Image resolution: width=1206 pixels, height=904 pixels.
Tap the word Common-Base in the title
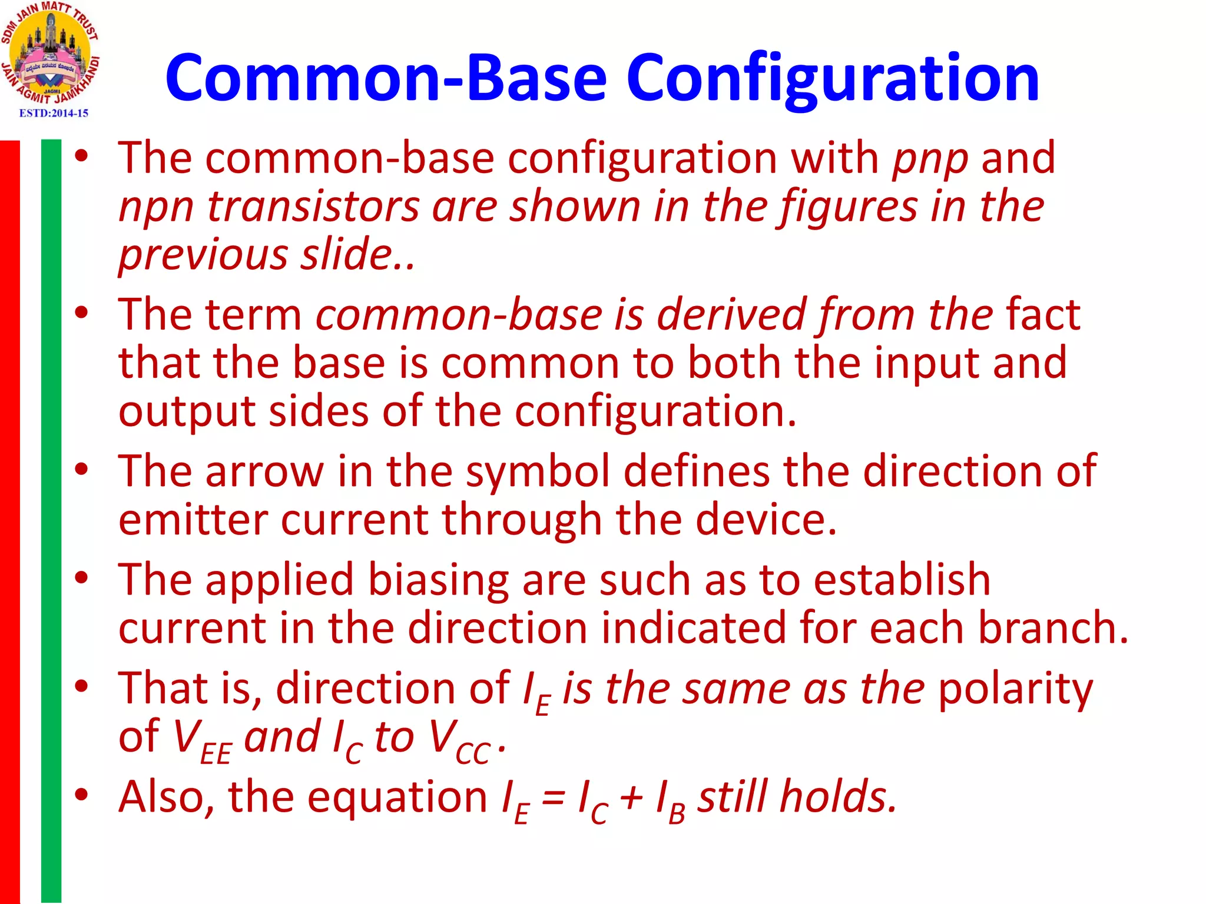pos(386,78)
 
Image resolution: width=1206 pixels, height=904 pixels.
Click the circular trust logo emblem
pos(51,53)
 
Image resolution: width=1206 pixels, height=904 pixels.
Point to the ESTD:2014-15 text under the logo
pos(54,113)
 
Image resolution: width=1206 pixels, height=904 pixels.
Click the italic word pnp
pos(930,159)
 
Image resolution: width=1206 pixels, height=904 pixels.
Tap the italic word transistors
pos(313,207)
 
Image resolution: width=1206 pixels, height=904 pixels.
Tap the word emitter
pos(193,520)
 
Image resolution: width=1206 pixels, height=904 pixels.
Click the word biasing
pos(438,580)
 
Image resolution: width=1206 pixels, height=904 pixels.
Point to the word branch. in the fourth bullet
pos(1053,628)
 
